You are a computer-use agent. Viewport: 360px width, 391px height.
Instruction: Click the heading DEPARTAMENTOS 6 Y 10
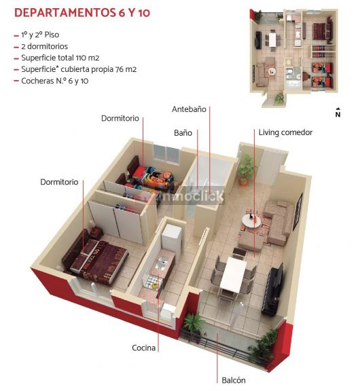(x=82, y=13)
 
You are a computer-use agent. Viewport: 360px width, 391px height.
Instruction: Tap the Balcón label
(x=234, y=380)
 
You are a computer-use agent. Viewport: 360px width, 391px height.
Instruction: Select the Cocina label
(x=144, y=348)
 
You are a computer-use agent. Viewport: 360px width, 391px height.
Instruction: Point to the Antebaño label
(x=189, y=109)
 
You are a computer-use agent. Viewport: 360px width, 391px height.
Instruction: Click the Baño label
(x=183, y=132)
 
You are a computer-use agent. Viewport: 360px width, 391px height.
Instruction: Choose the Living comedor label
(x=285, y=132)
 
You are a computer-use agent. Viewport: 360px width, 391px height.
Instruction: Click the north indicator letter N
(x=338, y=115)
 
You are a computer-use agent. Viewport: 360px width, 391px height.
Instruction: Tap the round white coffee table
(x=251, y=221)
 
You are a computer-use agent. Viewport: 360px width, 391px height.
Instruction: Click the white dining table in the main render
(x=234, y=274)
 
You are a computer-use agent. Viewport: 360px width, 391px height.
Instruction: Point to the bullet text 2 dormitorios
(x=44, y=46)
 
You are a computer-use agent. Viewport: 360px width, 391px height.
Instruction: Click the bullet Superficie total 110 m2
(x=60, y=58)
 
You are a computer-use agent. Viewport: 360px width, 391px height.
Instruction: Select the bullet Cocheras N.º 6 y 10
(x=54, y=81)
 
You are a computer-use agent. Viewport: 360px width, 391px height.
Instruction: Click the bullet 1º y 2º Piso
(x=40, y=35)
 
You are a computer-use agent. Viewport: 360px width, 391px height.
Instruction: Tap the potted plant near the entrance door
(x=246, y=170)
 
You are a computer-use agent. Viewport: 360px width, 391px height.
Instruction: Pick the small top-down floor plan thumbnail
(x=293, y=57)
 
